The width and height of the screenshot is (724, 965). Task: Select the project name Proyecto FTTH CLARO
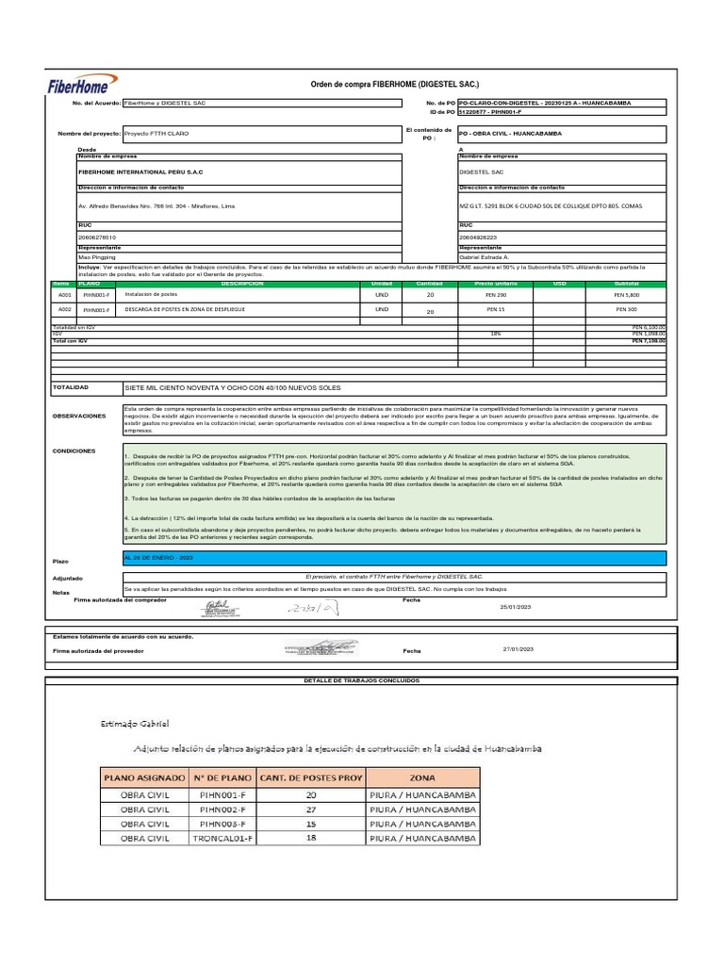[x=156, y=134]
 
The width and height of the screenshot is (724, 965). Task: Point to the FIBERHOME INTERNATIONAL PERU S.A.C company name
[x=140, y=172]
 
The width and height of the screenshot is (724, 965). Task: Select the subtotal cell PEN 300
[x=626, y=309]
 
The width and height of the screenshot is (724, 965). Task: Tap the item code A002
[x=65, y=309]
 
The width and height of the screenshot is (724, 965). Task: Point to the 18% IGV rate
[x=496, y=333]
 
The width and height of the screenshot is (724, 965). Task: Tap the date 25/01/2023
[x=516, y=607]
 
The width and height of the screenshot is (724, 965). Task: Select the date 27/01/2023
[x=518, y=649]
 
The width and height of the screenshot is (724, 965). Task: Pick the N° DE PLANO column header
[x=221, y=777]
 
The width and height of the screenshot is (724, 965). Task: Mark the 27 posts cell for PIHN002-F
[x=312, y=809]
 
